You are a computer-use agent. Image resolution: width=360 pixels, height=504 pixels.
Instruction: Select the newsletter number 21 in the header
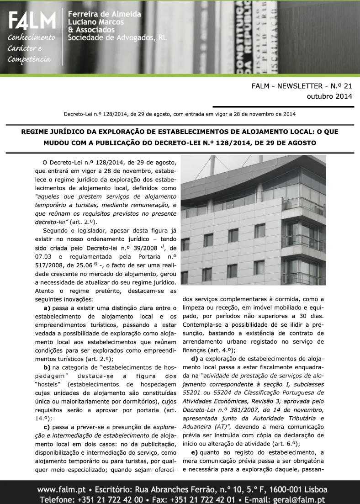click(348, 85)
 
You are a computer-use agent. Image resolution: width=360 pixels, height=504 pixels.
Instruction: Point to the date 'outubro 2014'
click(329, 96)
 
